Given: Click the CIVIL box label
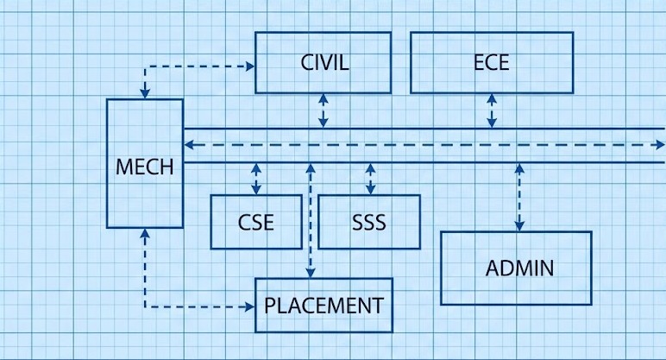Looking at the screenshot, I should (324, 63).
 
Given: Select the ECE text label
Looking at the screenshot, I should (492, 63).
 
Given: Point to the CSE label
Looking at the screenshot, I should (256, 223).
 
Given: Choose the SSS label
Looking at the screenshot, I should (369, 223).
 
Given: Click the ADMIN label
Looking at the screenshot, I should (519, 268).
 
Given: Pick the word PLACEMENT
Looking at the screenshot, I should (324, 305).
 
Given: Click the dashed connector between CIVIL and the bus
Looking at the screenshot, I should (324, 111).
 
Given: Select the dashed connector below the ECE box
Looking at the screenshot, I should (492, 111).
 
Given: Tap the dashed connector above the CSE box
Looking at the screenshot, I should (256, 179).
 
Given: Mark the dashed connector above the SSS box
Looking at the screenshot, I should (370, 179).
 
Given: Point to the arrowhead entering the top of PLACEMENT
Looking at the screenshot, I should (311, 273).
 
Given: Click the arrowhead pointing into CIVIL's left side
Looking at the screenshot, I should (250, 65).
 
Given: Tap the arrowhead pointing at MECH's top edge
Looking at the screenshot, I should (145, 93).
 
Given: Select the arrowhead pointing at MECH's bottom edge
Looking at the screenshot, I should (145, 233).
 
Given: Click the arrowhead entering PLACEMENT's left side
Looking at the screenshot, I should (250, 305).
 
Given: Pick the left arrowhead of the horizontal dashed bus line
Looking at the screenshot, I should (189, 145).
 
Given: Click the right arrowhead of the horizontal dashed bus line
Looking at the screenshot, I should (659, 145).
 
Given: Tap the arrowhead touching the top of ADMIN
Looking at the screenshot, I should (519, 226).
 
